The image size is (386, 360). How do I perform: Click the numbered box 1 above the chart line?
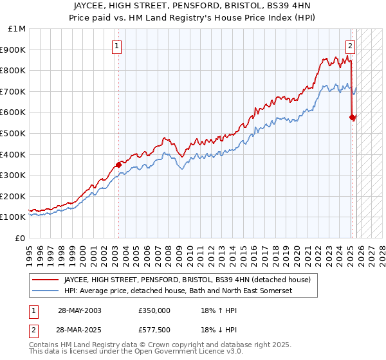[117, 46]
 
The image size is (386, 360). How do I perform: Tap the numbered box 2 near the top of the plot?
[350, 46]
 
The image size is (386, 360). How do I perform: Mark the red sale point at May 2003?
[118, 165]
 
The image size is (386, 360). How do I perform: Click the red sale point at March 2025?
[352, 117]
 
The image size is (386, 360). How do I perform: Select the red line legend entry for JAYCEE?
[187, 280]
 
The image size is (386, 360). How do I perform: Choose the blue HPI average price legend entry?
[178, 291]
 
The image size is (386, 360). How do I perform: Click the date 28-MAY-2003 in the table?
[79, 310]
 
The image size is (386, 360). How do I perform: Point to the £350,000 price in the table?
[155, 310]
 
